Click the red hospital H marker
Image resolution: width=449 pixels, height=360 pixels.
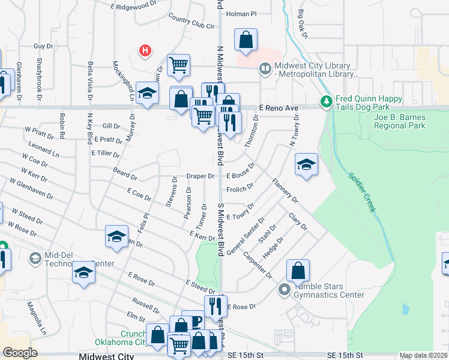[145, 51]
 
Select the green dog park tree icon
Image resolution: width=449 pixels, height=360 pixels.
[327, 101]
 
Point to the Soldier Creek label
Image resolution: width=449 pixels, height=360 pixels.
[362, 192]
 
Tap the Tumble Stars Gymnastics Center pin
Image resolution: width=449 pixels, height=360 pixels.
[285, 291]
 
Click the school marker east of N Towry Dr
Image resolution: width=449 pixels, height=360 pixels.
[306, 164]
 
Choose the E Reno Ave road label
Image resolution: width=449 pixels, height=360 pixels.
[279, 108]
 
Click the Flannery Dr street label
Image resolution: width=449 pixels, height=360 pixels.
[285, 190]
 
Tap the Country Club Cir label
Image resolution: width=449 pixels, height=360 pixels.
[191, 23]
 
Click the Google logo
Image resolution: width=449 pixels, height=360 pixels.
[20, 353]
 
